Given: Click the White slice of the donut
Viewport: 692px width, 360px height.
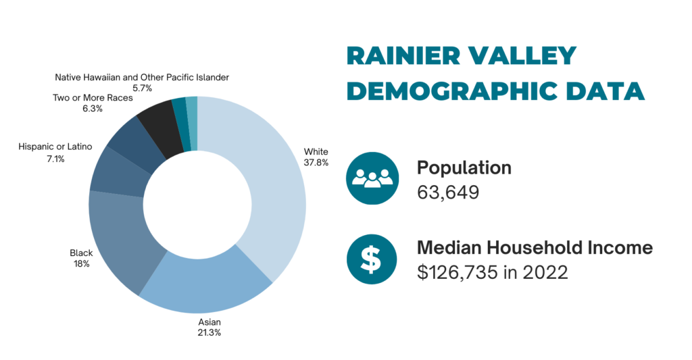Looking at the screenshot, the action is coord(269,185).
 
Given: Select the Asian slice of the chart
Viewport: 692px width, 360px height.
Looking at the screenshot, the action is coord(207,282).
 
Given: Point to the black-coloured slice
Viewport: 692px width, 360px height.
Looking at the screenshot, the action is coord(159,128).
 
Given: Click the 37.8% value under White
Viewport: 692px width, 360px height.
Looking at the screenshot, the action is coord(316,163).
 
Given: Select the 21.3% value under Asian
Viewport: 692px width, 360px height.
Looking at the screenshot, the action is coord(209,333).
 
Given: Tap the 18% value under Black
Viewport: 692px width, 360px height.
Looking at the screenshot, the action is coord(82,264).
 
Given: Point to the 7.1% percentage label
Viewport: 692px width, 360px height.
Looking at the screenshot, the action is coord(55,159).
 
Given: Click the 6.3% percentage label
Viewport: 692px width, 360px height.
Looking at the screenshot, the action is coord(93,109).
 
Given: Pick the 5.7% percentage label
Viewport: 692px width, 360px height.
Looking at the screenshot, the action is coord(142,88).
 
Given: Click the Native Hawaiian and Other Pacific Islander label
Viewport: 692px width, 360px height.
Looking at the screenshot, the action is coord(142,77).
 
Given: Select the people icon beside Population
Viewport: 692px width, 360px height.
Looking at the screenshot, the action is coord(372,178).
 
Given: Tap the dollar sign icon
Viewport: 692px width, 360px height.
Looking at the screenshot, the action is coord(372,259).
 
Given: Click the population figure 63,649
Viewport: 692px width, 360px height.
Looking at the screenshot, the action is coord(448,192).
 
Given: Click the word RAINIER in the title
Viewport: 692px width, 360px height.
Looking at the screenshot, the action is coord(402,56).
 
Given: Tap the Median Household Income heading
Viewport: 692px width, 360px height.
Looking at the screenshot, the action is coord(535,247).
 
